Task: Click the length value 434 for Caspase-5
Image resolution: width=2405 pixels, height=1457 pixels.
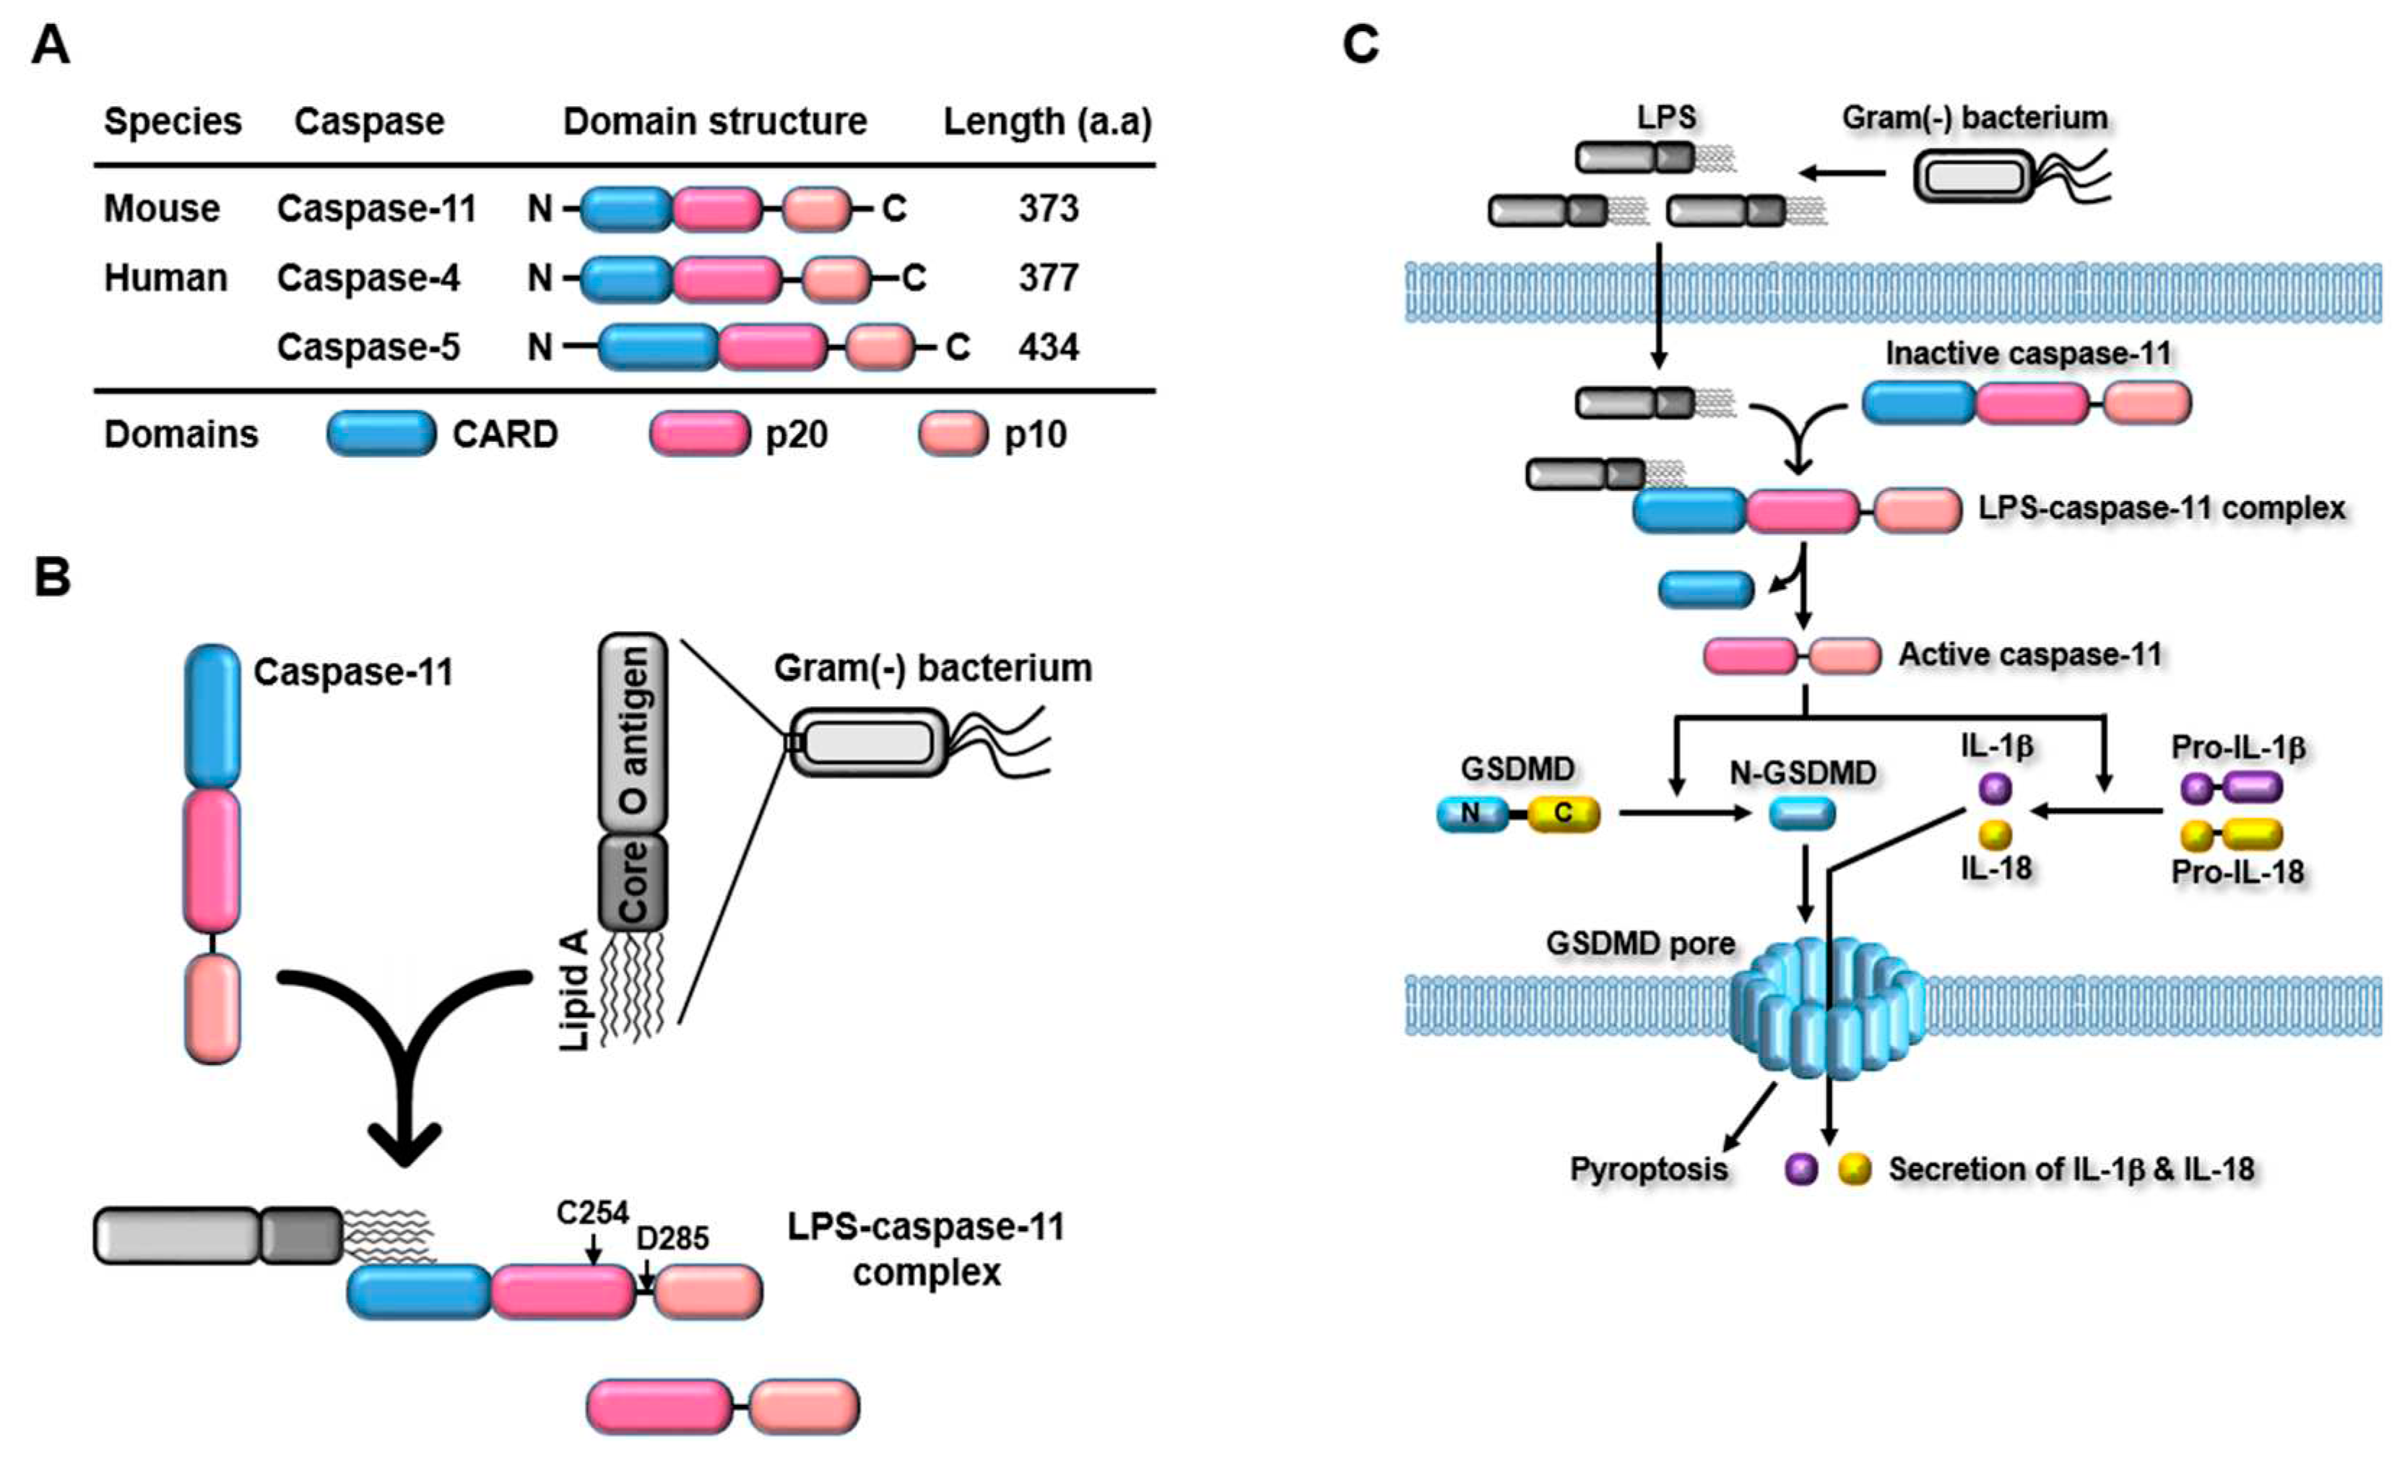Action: tap(1048, 347)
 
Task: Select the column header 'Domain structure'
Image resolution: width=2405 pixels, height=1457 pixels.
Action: tap(714, 122)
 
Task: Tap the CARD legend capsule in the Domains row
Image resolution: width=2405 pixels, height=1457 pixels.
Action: tap(381, 434)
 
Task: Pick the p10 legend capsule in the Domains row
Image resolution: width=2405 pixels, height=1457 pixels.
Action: tap(953, 434)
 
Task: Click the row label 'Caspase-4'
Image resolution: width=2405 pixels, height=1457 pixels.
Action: tap(368, 278)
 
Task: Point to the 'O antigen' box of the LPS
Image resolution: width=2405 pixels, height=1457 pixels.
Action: tap(633, 732)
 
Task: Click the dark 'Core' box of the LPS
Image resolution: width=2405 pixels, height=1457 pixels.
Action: tap(633, 882)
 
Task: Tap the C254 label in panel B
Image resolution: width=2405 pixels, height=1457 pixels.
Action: tap(592, 1213)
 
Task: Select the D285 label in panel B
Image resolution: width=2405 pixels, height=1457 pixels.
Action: tap(672, 1238)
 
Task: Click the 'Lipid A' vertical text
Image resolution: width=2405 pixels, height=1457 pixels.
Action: tap(576, 990)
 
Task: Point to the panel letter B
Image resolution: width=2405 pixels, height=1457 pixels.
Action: tap(52, 577)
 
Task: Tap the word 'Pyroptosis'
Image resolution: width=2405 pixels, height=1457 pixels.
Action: tap(1649, 1168)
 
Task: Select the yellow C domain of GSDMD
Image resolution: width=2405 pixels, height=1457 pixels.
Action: tap(1564, 814)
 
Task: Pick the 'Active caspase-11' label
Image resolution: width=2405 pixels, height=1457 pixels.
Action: tap(2029, 654)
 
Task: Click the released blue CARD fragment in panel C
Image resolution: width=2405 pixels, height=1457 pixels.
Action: tap(1706, 589)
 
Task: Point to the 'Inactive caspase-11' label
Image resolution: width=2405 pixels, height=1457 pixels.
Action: tap(2027, 353)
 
